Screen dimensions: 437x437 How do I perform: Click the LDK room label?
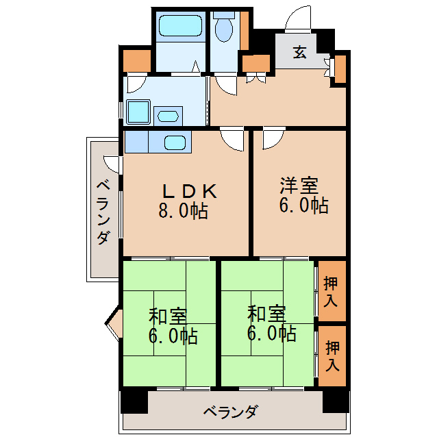tap(190, 191)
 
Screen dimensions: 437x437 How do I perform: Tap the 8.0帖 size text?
tap(183, 210)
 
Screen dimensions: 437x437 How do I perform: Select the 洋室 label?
tap(299, 186)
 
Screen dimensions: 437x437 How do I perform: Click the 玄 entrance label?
tap(300, 52)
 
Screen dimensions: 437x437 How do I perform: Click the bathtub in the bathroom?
tap(180, 25)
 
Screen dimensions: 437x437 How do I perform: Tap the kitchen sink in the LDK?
tap(175, 143)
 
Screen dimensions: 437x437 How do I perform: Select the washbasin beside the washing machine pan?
tap(168, 116)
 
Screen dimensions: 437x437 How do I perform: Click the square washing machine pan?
tap(138, 112)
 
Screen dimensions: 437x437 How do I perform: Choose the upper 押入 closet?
tap(332, 290)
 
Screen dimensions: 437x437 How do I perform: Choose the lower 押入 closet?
tap(332, 356)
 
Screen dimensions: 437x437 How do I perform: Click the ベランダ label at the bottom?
tap(230, 412)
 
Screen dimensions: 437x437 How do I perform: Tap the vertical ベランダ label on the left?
tap(103, 212)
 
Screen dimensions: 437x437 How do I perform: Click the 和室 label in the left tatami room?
tap(168, 316)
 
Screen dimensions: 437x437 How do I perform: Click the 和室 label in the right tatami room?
tap(266, 314)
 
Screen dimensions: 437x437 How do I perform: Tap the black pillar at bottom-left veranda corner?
tap(134, 401)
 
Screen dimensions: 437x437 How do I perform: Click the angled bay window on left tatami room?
tap(113, 323)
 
